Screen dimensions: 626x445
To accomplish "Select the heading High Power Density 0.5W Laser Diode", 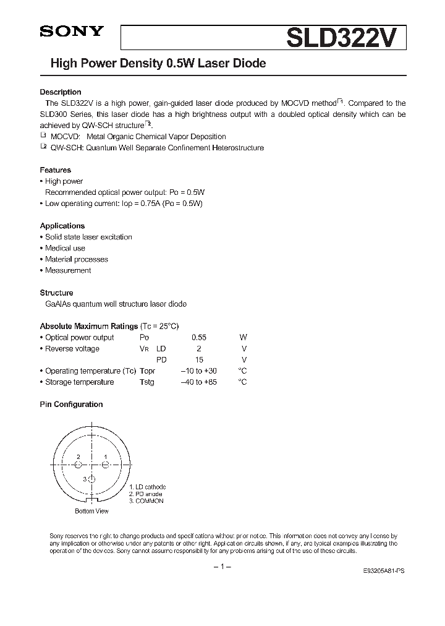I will tap(153, 64).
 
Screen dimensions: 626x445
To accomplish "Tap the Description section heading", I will tap(61, 92).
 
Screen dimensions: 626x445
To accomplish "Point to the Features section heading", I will tap(56, 170).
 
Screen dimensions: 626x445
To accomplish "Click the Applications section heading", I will tap(62, 226).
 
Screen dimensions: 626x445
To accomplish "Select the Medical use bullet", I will tap(65, 248).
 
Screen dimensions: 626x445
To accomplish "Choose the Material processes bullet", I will tap(76, 259).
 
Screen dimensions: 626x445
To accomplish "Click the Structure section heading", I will tap(57, 293).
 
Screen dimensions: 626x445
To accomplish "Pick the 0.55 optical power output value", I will tap(198, 338).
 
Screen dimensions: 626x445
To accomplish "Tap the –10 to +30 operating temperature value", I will tap(198, 371).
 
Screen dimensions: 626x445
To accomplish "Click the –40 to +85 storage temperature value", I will tap(198, 382).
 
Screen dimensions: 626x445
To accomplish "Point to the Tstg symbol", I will tap(147, 382).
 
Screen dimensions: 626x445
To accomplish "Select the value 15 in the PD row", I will tap(198, 360).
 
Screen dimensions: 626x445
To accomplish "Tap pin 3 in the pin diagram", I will tap(91, 479).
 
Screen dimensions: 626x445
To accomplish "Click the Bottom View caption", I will tap(91, 511).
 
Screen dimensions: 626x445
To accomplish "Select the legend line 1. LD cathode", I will tap(147, 487).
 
